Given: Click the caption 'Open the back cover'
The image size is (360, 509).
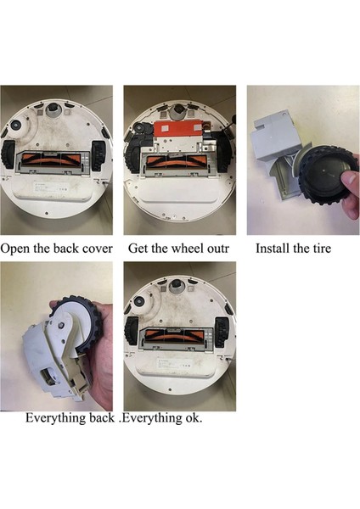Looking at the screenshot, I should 57,249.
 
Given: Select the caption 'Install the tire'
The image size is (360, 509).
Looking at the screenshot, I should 293,249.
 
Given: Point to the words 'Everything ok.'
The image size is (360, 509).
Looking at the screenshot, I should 163,417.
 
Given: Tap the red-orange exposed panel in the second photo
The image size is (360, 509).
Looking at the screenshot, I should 177,131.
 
